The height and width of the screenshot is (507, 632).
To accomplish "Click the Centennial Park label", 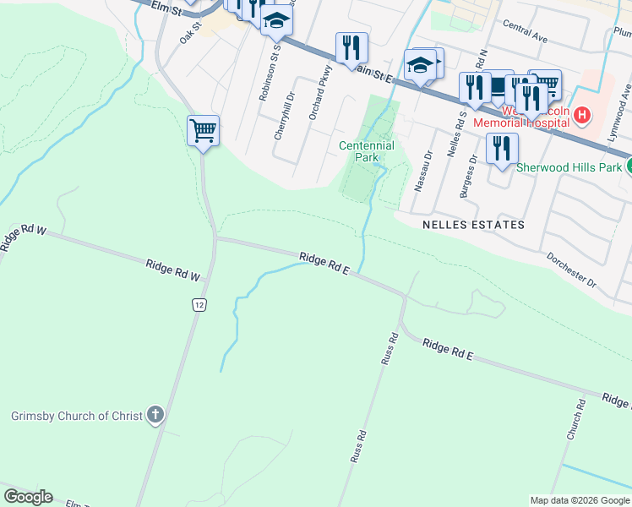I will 367,151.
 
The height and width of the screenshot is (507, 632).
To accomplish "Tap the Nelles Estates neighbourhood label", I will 473,225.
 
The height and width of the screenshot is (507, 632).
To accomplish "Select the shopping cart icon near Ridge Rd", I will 203,132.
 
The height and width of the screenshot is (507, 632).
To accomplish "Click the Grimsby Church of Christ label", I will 76,416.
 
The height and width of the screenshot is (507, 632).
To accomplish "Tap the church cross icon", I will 154,415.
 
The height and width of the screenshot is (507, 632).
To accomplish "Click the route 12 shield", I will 199,305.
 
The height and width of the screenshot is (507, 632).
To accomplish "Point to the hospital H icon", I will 582,114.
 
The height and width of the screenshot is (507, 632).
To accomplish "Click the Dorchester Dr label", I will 571,269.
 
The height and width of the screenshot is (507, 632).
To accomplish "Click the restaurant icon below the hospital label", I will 502,150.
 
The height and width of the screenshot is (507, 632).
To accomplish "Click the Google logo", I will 28,497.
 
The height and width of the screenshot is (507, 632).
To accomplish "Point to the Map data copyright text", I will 579,500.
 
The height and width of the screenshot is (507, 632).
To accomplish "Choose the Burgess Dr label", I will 467,175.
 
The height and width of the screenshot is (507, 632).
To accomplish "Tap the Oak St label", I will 190,33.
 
